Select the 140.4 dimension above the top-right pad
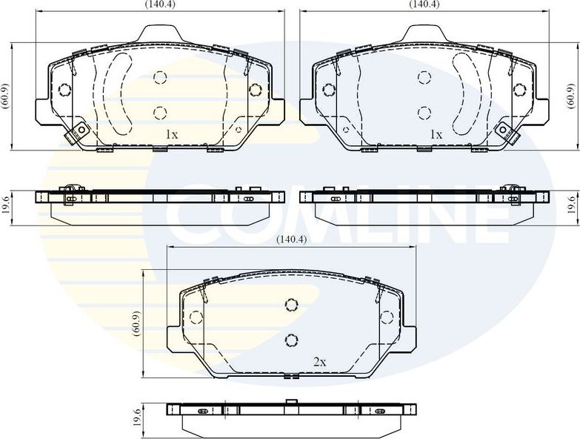click(x=424, y=4)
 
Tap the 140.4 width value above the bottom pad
click(x=291, y=240)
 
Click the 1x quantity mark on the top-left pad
click(x=171, y=134)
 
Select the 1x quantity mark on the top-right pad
click(x=436, y=134)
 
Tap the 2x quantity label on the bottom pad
click(x=319, y=362)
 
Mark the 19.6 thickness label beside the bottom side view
click(x=136, y=417)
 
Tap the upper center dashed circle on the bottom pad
click(x=291, y=304)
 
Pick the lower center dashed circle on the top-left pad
click(x=159, y=113)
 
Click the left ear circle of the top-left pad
click(x=64, y=90)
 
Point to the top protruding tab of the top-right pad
click(x=424, y=33)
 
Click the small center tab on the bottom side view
click(x=291, y=403)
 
